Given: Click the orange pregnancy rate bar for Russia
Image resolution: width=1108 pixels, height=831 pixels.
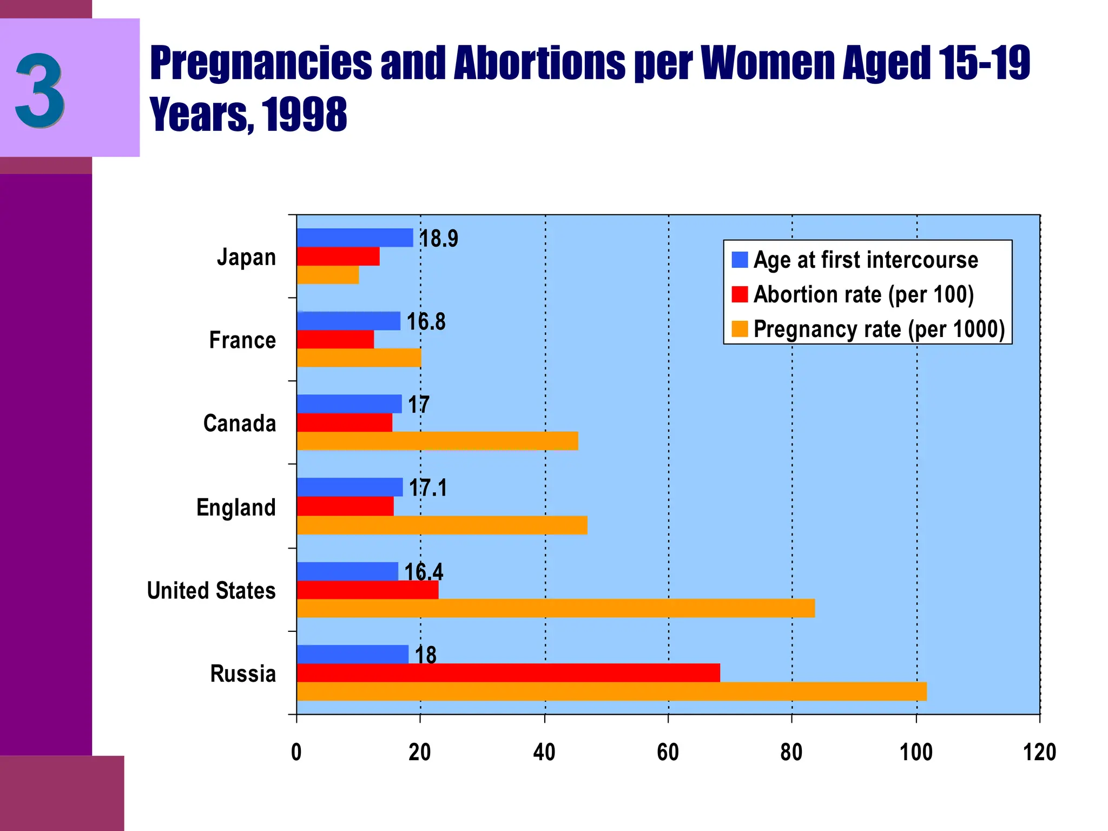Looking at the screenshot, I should point(611,691).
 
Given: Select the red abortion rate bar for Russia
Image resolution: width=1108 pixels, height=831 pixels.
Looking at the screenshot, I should point(508,673).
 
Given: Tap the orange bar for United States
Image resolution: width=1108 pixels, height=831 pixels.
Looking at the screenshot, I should point(556,608).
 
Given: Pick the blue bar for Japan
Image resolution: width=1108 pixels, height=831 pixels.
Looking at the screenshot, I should point(354,238).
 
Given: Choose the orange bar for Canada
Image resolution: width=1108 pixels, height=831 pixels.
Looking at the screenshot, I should point(437,441).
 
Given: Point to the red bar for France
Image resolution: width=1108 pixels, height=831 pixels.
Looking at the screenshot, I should point(335,339).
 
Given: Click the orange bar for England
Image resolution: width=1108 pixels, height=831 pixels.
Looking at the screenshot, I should point(441,525).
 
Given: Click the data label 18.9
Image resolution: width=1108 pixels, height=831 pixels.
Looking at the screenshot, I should point(439,239).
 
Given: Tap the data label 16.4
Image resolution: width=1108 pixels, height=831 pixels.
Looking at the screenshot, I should point(424,572).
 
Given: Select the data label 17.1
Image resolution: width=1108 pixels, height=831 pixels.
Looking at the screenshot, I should point(428,488).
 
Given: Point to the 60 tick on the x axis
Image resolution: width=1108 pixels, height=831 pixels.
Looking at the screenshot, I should point(668,753).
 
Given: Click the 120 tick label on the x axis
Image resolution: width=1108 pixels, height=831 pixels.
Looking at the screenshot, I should point(1039,753).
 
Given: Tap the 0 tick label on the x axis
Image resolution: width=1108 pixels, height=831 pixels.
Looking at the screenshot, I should point(296,753).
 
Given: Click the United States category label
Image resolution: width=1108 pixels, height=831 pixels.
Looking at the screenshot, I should point(212,591).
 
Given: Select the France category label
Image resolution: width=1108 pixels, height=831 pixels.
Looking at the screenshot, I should point(242,340).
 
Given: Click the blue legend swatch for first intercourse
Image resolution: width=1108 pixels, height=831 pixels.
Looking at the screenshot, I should point(740,260).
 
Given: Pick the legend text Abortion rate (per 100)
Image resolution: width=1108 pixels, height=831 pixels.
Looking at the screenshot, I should point(863,295).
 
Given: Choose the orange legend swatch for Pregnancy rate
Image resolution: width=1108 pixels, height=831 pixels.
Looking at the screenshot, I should point(740,329).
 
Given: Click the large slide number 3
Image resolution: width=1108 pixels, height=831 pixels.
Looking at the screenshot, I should point(41,91).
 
